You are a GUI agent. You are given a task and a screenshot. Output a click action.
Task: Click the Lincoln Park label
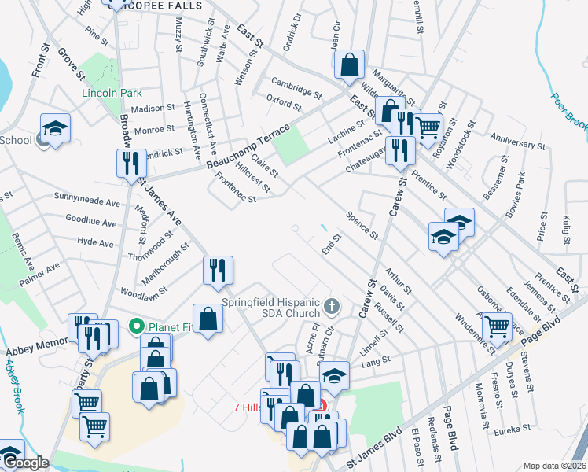pos(112,93)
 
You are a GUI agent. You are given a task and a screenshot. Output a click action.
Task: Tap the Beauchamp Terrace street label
pos(248,145)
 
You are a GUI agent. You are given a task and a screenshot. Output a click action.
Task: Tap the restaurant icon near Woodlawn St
pos(218,270)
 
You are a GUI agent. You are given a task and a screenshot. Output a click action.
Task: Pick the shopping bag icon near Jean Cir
pos(350,64)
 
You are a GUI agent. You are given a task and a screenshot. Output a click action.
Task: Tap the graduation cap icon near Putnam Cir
pos(335,374)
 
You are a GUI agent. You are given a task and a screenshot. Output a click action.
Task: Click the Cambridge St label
pos(296,88)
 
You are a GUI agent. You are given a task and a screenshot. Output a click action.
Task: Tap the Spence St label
pos(362,225)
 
